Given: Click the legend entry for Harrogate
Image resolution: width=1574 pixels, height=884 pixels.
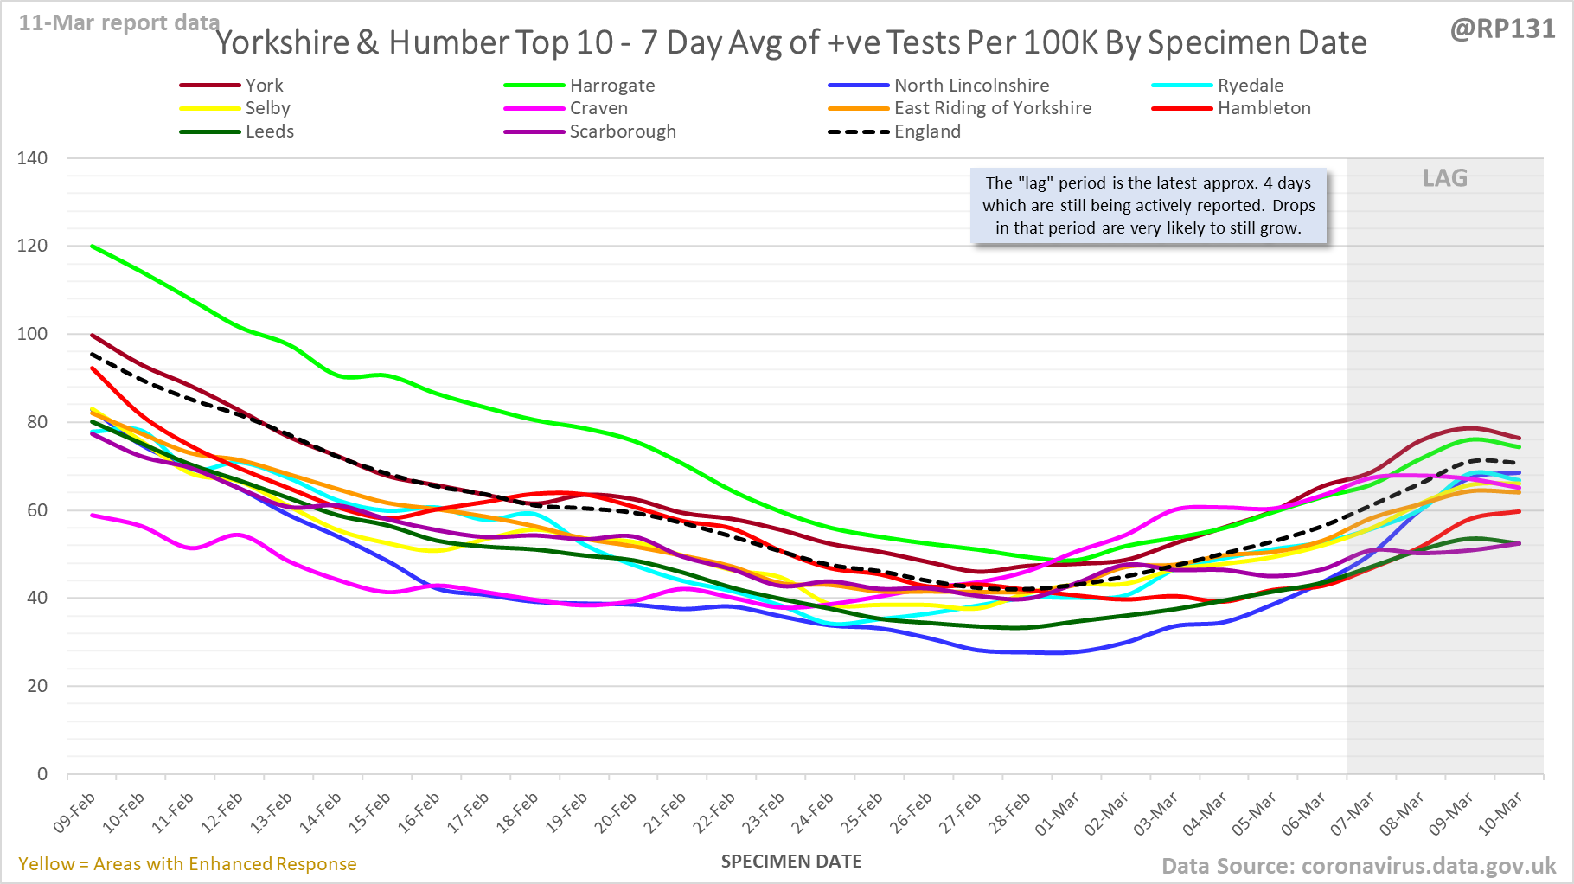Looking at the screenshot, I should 611,86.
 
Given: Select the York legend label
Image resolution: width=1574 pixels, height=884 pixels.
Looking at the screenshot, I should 264,86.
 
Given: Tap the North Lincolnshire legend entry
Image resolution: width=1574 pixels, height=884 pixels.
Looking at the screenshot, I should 971,86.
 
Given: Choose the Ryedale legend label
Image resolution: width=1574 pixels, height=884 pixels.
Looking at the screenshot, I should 1251,86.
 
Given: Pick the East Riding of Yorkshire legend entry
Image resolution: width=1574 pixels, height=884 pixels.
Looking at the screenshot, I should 992,108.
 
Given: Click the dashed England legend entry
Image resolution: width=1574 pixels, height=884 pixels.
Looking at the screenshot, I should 927,131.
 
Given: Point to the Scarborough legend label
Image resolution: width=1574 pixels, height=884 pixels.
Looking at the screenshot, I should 622,131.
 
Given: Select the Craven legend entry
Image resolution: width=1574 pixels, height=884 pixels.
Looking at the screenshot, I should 598,108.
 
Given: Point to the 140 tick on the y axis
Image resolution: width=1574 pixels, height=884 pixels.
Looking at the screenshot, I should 33,158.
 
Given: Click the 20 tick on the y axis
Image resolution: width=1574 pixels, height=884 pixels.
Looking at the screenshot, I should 37,686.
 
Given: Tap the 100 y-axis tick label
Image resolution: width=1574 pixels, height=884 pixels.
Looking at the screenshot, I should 33,334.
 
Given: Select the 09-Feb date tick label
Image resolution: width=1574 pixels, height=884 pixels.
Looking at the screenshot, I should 74,812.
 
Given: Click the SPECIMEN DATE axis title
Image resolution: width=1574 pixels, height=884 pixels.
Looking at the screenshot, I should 791,862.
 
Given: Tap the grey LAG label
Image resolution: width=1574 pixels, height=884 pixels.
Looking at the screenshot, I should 1445,178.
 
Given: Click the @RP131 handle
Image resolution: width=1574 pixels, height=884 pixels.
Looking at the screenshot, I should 1502,29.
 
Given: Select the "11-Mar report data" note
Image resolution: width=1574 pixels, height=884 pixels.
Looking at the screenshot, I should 119,22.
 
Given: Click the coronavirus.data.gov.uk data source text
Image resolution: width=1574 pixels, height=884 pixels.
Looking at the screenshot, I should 1428,866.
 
